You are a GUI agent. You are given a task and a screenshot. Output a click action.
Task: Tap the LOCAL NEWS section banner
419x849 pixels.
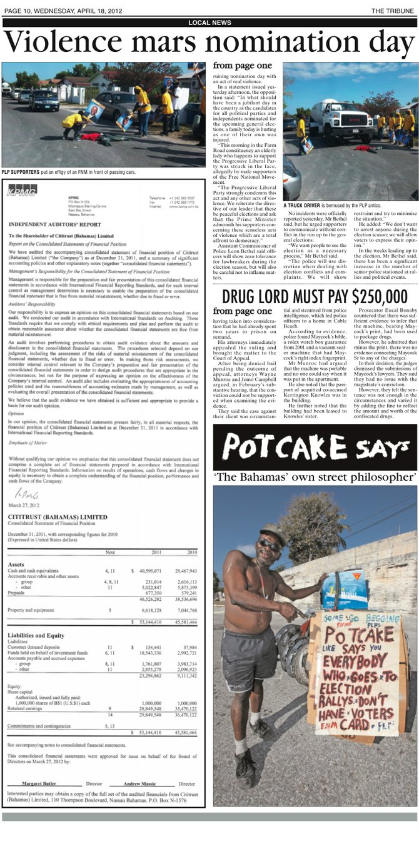coord(209,23)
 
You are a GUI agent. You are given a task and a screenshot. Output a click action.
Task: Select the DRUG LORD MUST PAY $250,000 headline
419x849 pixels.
coord(315,296)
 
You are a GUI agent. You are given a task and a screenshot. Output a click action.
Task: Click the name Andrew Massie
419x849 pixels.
coord(140,783)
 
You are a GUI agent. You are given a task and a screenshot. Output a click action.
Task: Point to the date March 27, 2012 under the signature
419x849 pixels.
coord(24,505)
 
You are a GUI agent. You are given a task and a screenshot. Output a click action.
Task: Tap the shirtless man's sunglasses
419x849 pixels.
coord(270,545)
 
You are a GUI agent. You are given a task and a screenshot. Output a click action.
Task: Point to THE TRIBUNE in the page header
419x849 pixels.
coord(394,11)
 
